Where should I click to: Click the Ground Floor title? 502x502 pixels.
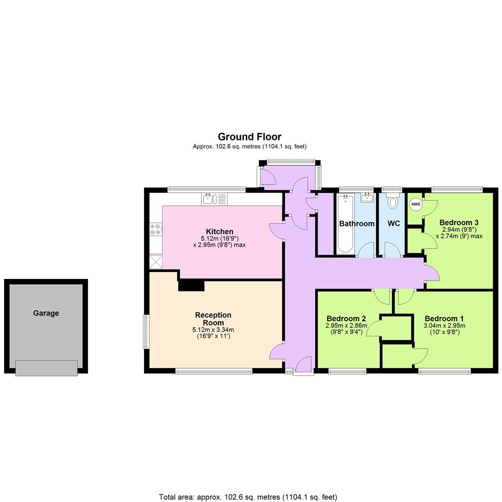pyautogui.click(x=250, y=137)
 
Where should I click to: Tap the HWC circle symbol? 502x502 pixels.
pyautogui.click(x=416, y=204)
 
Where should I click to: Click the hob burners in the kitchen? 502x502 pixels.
pyautogui.click(x=156, y=229)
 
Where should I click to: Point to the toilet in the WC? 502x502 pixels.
pyautogui.click(x=393, y=202)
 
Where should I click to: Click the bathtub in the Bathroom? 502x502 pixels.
pyautogui.click(x=345, y=224)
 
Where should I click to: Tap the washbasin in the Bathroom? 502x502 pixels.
pyautogui.click(x=367, y=197)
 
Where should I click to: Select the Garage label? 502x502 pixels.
pyautogui.click(x=46, y=313)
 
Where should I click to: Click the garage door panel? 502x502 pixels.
pyautogui.click(x=46, y=368)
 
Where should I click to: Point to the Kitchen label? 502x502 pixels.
pyautogui.click(x=219, y=231)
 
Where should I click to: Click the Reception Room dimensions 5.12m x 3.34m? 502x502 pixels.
pyautogui.click(x=213, y=330)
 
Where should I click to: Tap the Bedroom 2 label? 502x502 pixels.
pyautogui.click(x=346, y=318)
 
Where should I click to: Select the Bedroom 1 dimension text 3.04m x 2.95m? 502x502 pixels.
pyautogui.click(x=444, y=325)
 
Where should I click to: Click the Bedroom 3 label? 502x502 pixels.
pyautogui.click(x=459, y=222)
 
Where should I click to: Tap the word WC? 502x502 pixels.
pyautogui.click(x=394, y=224)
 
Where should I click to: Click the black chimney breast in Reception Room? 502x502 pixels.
pyautogui.click(x=191, y=285)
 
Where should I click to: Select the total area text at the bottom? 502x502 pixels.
pyautogui.click(x=248, y=497)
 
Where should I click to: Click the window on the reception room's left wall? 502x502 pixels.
pyautogui.click(x=146, y=331)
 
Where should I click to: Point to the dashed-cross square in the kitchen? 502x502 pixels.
pyautogui.click(x=156, y=261)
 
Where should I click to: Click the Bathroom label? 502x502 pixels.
pyautogui.click(x=357, y=224)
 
